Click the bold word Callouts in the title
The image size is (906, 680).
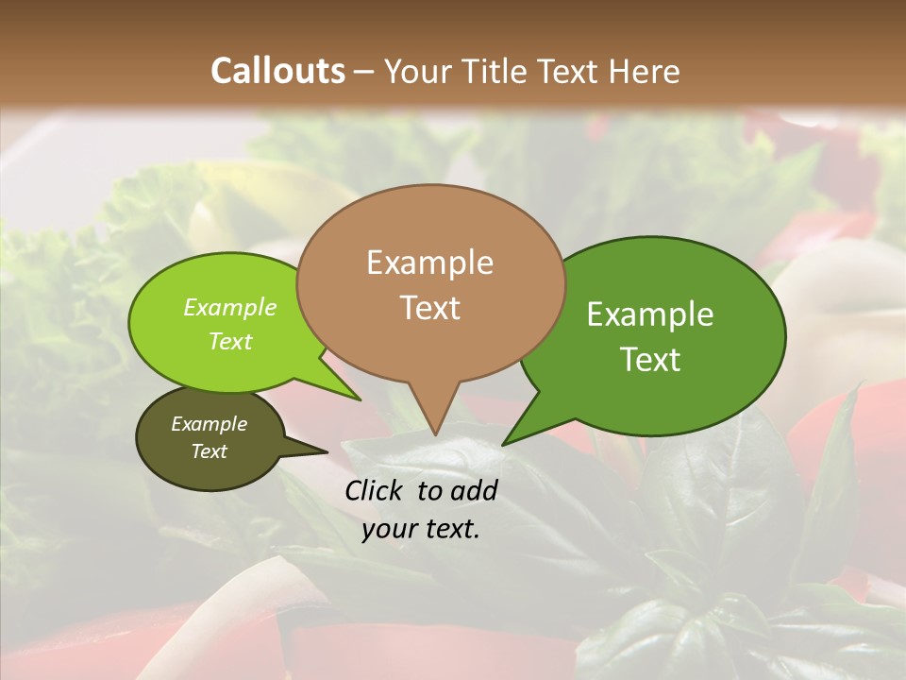(x=277, y=71)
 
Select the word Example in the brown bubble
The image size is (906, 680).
(x=429, y=262)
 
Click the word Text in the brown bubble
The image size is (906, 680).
(x=429, y=307)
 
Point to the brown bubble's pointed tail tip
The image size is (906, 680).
(x=435, y=432)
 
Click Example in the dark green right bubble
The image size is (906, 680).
(x=650, y=314)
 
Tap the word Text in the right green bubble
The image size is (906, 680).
(x=650, y=359)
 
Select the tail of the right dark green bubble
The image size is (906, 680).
(x=514, y=436)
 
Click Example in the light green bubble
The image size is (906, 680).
(x=230, y=308)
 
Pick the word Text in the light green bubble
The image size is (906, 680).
(x=230, y=341)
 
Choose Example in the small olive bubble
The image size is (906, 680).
(x=210, y=424)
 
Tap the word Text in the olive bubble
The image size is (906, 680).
(x=210, y=451)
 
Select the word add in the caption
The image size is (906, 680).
(x=474, y=490)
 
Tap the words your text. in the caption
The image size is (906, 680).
(x=421, y=529)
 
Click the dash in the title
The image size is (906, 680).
(x=364, y=71)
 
